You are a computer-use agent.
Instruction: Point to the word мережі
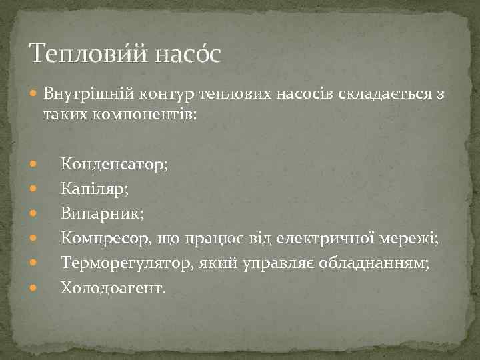409,237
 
